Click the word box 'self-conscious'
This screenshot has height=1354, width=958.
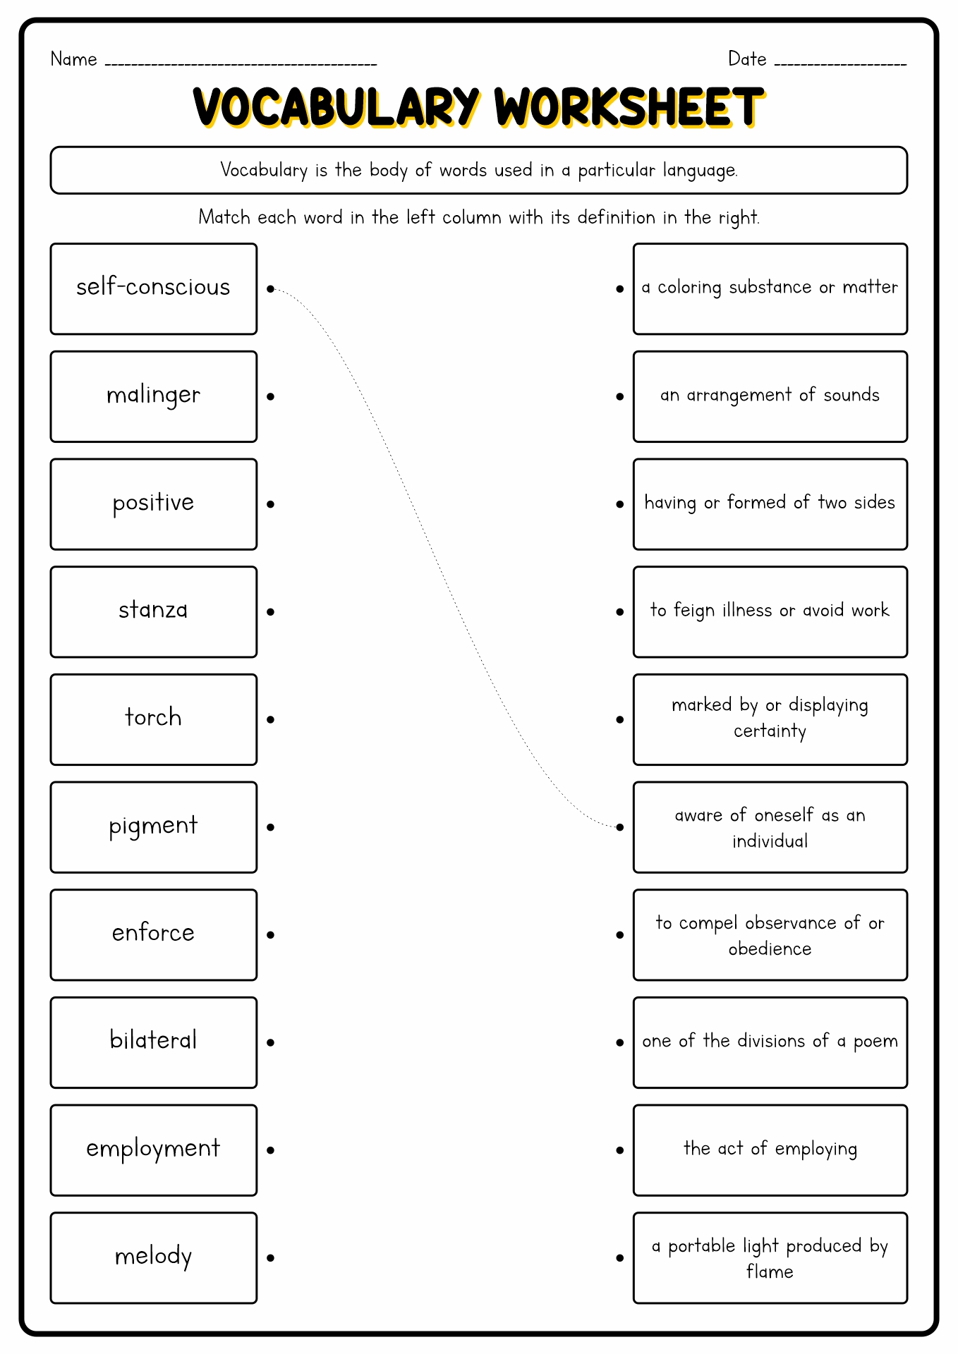[x=153, y=288]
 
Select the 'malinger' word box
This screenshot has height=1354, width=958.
[x=153, y=396]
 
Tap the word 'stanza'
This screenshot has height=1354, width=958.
[x=153, y=610]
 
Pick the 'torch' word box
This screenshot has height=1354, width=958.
[x=153, y=719]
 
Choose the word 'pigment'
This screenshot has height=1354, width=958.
[x=153, y=827]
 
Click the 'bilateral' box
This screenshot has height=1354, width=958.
[x=153, y=1042]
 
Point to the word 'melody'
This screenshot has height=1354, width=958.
[x=153, y=1257]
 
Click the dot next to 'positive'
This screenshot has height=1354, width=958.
[x=270, y=504]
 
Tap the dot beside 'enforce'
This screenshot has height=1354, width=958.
[x=270, y=935]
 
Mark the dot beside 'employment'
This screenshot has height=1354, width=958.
[x=270, y=1150]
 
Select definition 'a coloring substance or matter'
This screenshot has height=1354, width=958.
[x=770, y=288]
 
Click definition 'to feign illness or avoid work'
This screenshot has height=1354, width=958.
[x=770, y=611]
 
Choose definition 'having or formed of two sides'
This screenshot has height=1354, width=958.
[x=770, y=504]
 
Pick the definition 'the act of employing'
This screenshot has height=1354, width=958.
[x=770, y=1149]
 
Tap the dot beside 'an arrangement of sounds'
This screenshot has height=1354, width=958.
[x=619, y=397]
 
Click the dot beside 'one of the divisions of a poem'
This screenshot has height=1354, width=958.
[x=619, y=1042]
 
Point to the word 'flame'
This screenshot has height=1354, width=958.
[x=770, y=1271]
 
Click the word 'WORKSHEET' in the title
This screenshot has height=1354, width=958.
[x=628, y=108]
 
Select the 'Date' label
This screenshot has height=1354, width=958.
[x=747, y=59]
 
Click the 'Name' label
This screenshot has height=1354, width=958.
[x=73, y=59]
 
